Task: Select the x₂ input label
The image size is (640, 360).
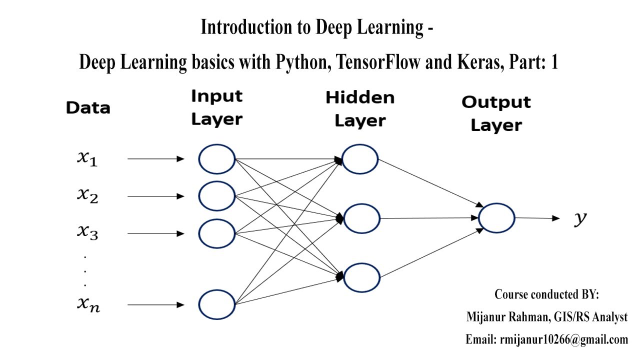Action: tap(87, 195)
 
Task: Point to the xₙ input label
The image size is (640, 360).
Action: tap(88, 304)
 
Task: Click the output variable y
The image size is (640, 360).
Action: tap(579, 219)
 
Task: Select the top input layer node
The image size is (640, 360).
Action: tap(216, 159)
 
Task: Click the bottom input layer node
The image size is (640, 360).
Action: tap(216, 304)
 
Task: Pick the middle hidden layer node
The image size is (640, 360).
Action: tap(361, 218)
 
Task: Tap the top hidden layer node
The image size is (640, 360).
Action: tap(360, 159)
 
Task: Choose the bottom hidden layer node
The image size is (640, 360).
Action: tap(361, 277)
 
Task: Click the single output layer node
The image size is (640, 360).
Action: tap(496, 218)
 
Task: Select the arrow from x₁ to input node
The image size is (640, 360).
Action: tap(156, 159)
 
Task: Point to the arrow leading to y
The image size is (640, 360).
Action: tap(537, 218)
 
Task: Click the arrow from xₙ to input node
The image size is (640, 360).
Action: tap(156, 304)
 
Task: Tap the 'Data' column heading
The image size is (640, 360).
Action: tap(88, 108)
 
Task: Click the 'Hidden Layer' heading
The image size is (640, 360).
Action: tap(360, 109)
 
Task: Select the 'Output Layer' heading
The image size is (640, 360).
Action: tap(496, 113)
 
